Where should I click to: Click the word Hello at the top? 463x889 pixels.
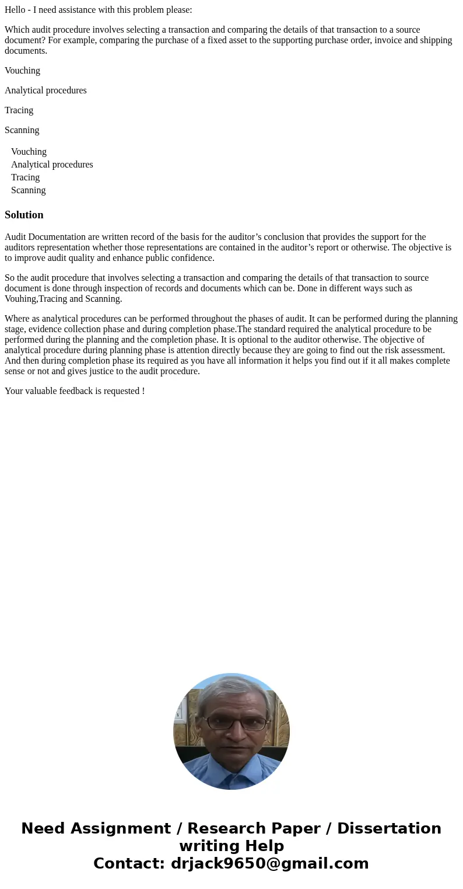pos(16,10)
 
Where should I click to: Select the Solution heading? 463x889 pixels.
pos(24,215)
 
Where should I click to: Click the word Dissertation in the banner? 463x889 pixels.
pos(389,828)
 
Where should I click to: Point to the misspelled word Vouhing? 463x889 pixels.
pos(20,299)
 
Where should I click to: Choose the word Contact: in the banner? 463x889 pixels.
pos(129,863)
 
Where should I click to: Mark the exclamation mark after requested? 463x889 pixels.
pos(143,391)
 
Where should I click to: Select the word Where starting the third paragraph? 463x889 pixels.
pos(17,319)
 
